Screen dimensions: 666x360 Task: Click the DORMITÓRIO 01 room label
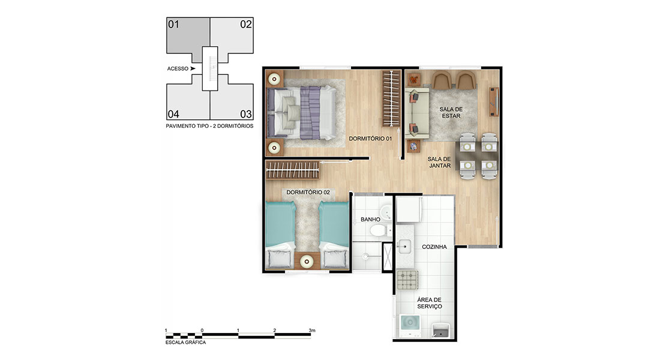pos(370,139)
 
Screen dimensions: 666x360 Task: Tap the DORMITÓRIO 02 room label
pos(308,193)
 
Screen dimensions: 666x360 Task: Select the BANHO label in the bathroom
pos(370,220)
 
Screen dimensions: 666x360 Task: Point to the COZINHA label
pos(434,247)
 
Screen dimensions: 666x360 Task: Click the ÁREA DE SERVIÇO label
pos(430,303)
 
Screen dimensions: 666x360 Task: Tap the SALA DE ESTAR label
pos(451,113)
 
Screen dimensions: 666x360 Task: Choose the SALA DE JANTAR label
pos(439,162)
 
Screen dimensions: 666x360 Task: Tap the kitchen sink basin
pos(404,246)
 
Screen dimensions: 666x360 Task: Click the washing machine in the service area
pos(409,326)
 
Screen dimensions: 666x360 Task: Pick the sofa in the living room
pos(416,113)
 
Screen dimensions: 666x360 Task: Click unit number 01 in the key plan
pos(173,25)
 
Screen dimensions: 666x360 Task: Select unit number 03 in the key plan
pos(246,114)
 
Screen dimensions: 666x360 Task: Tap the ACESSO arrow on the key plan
pos(193,68)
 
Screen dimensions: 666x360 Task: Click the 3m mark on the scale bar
pos(312,330)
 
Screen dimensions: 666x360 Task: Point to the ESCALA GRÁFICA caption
pos(185,342)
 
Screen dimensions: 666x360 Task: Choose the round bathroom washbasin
pos(386,212)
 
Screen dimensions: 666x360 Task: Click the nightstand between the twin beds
pos(307,260)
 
